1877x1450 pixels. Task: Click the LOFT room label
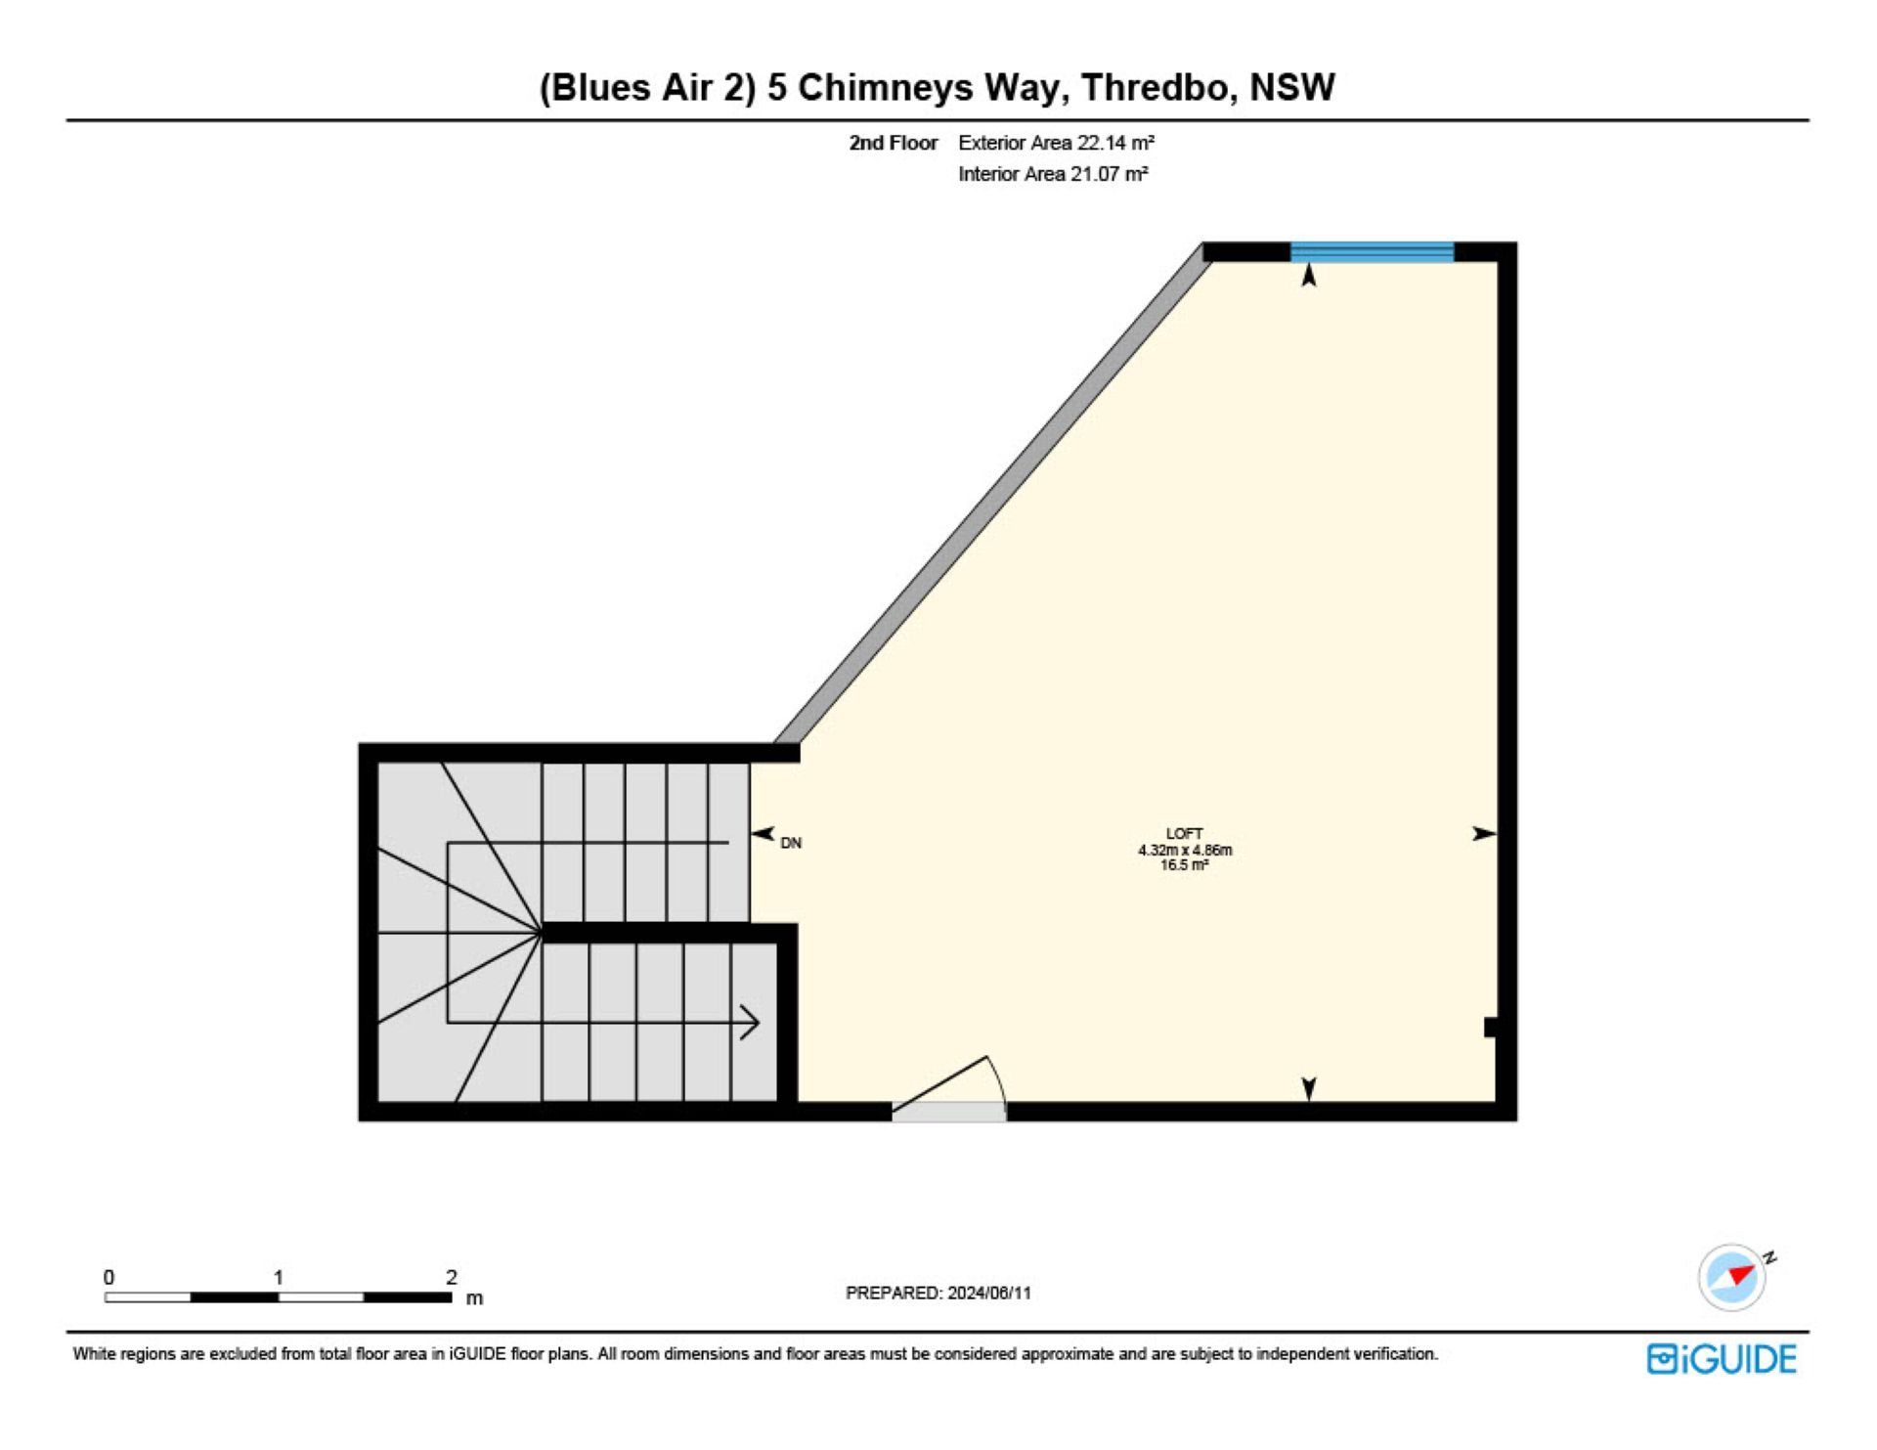pyautogui.click(x=1184, y=834)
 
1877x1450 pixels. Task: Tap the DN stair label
pyautogui.click(x=791, y=843)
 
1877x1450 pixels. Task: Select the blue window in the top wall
pyautogui.click(x=1372, y=252)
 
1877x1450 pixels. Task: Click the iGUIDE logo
pyautogui.click(x=1722, y=1359)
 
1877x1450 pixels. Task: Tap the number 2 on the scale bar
pyautogui.click(x=451, y=1277)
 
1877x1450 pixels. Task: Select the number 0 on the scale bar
pyautogui.click(x=109, y=1277)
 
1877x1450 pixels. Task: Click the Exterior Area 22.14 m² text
pyautogui.click(x=1056, y=143)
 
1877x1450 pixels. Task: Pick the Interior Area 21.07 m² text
pyautogui.click(x=1053, y=174)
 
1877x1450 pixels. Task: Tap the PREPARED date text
pyautogui.click(x=938, y=1293)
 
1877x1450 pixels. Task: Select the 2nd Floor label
pyautogui.click(x=893, y=143)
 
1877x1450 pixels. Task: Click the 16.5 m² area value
pyautogui.click(x=1184, y=865)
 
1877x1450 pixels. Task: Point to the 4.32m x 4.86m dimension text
pyautogui.click(x=1184, y=851)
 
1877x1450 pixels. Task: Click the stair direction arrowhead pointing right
pyautogui.click(x=751, y=1023)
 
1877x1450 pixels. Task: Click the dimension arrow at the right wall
pyautogui.click(x=1484, y=834)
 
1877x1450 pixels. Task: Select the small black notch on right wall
pyautogui.click(x=1491, y=1028)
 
